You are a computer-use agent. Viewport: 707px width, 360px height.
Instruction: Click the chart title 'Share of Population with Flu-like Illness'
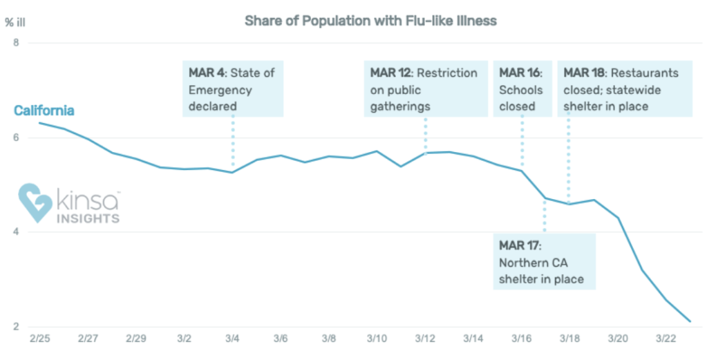tap(370, 21)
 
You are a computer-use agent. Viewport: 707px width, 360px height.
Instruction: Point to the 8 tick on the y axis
tap(16, 43)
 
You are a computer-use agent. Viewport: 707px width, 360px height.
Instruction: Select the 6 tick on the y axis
tap(16, 138)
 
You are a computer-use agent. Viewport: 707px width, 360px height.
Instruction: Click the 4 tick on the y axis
tap(16, 232)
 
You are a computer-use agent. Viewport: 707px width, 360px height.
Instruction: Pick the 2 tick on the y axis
tap(16, 327)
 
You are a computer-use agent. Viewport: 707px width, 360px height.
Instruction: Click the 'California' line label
tap(44, 111)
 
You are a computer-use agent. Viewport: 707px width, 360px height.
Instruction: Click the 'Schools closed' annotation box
tap(521, 89)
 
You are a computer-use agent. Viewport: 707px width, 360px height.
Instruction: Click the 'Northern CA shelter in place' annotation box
tap(543, 262)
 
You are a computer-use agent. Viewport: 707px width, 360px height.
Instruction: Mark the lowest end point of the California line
tap(689, 321)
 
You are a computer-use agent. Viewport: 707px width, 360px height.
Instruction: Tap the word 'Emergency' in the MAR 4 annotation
tap(220, 90)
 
